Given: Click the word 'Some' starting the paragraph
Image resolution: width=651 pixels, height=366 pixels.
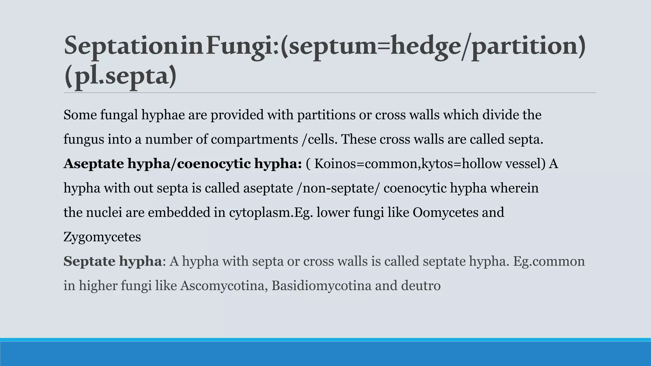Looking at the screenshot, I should click(80, 115).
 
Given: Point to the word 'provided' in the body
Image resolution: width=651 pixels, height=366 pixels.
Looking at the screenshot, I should click(237, 115).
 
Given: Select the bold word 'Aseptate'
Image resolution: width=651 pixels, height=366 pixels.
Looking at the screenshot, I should click(93, 164).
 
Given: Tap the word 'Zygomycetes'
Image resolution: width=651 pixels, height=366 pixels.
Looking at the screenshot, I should click(102, 237).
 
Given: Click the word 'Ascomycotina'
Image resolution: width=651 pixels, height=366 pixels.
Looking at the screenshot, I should click(223, 286).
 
